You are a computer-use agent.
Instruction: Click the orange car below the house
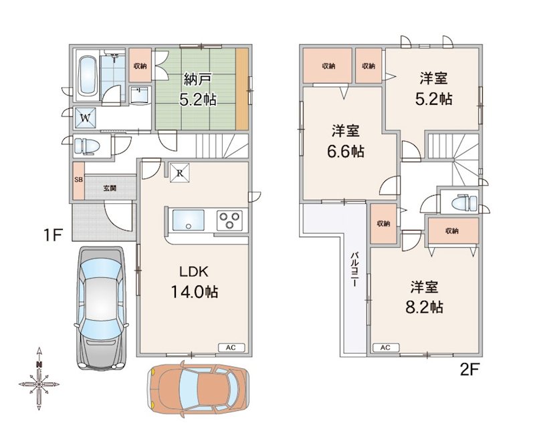pyautogui.click(x=198, y=389)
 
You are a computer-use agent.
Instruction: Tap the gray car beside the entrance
pyautogui.click(x=102, y=308)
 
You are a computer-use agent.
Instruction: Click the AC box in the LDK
pyautogui.click(x=231, y=347)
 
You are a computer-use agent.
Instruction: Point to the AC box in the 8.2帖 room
pyautogui.click(x=386, y=347)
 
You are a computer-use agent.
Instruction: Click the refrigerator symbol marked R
pyautogui.click(x=180, y=173)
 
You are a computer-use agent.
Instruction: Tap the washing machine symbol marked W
pyautogui.click(x=86, y=118)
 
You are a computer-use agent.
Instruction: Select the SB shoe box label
pyautogui.click(x=78, y=180)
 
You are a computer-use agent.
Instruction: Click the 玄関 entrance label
pyautogui.click(x=110, y=188)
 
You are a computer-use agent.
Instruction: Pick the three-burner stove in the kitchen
pyautogui.click(x=229, y=220)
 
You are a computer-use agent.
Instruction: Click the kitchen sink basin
pyautogui.click(x=189, y=220)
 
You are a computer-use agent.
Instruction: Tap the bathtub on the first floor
pyautogui.click(x=87, y=76)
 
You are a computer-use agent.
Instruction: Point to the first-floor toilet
pyautogui.click(x=87, y=146)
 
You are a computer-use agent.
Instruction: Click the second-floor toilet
pyautogui.click(x=463, y=204)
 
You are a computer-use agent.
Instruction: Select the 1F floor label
pyautogui.click(x=53, y=235)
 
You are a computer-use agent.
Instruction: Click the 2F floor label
pyautogui.click(x=470, y=369)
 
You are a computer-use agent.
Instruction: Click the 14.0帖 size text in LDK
pyautogui.click(x=195, y=292)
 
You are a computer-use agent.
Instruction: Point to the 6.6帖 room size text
pyautogui.click(x=346, y=152)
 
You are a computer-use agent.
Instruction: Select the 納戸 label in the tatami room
pyautogui.click(x=198, y=79)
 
